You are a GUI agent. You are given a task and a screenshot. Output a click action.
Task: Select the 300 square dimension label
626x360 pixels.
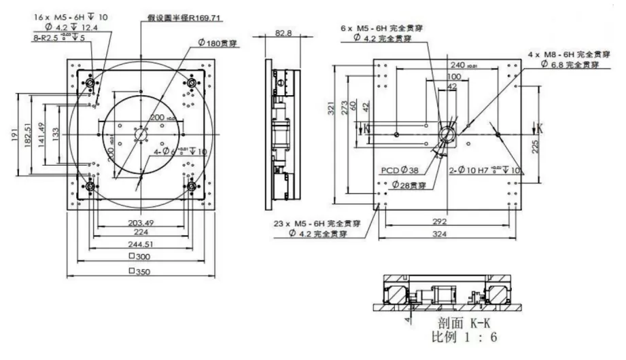(140, 257)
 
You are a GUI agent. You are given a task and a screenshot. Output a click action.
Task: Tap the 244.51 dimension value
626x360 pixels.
(140, 245)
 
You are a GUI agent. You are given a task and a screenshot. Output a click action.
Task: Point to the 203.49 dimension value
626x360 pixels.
(140, 222)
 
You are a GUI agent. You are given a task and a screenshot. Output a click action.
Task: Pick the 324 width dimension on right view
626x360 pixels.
(448, 234)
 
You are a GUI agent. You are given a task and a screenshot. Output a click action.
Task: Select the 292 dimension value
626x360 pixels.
(448, 221)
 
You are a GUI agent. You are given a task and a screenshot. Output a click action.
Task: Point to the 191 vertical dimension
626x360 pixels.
(14, 136)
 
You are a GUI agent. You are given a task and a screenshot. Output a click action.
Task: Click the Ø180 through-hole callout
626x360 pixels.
(222, 42)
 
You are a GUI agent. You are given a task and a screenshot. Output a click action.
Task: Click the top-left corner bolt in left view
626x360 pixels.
(88, 82)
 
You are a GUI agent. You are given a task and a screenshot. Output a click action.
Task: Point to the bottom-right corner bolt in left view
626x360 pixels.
(192, 185)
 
